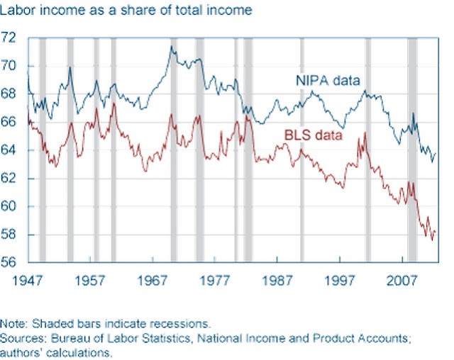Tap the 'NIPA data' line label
tap(328, 80)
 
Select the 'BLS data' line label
tap(314, 135)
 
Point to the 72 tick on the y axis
tap(8, 38)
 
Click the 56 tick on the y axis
tap(8, 262)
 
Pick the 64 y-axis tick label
tap(8, 150)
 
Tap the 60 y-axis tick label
tap(8, 206)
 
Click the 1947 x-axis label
tap(27, 281)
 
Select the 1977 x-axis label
tap(214, 281)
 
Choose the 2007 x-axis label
tap(402, 281)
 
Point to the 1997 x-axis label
tap(339, 281)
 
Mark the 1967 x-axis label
tap(153, 281)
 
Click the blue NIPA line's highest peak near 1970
tap(172, 46)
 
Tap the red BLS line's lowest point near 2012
tap(433, 240)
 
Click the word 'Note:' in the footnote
tap(14, 324)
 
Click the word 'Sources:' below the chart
tap(23, 338)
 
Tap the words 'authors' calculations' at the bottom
tap(55, 353)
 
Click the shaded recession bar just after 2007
tap(412, 150)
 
